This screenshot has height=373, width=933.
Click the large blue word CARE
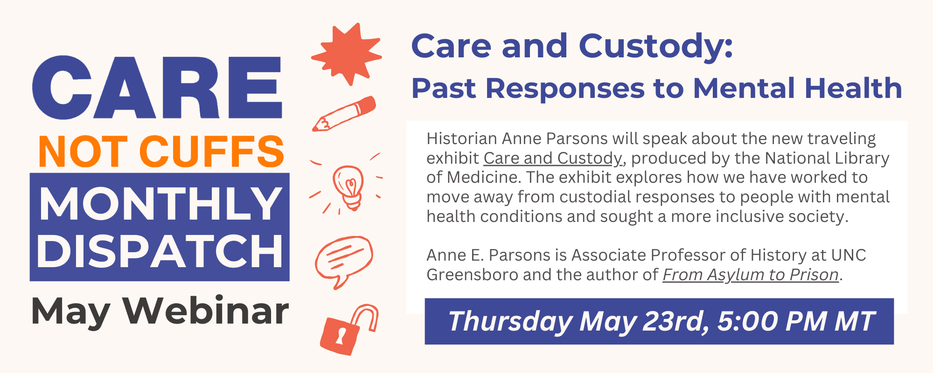pos(157,88)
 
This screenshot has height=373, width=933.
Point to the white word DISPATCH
pos(160,251)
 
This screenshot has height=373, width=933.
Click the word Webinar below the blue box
pos(206,311)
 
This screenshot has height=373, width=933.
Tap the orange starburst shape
pos(347,54)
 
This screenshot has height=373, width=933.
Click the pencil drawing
pos(344,114)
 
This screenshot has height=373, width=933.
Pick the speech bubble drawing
pos(344,261)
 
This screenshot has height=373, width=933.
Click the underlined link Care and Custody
pos(553,159)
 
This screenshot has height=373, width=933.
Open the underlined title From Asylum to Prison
pos(751,275)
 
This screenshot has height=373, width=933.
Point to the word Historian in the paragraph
pos(462,138)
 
